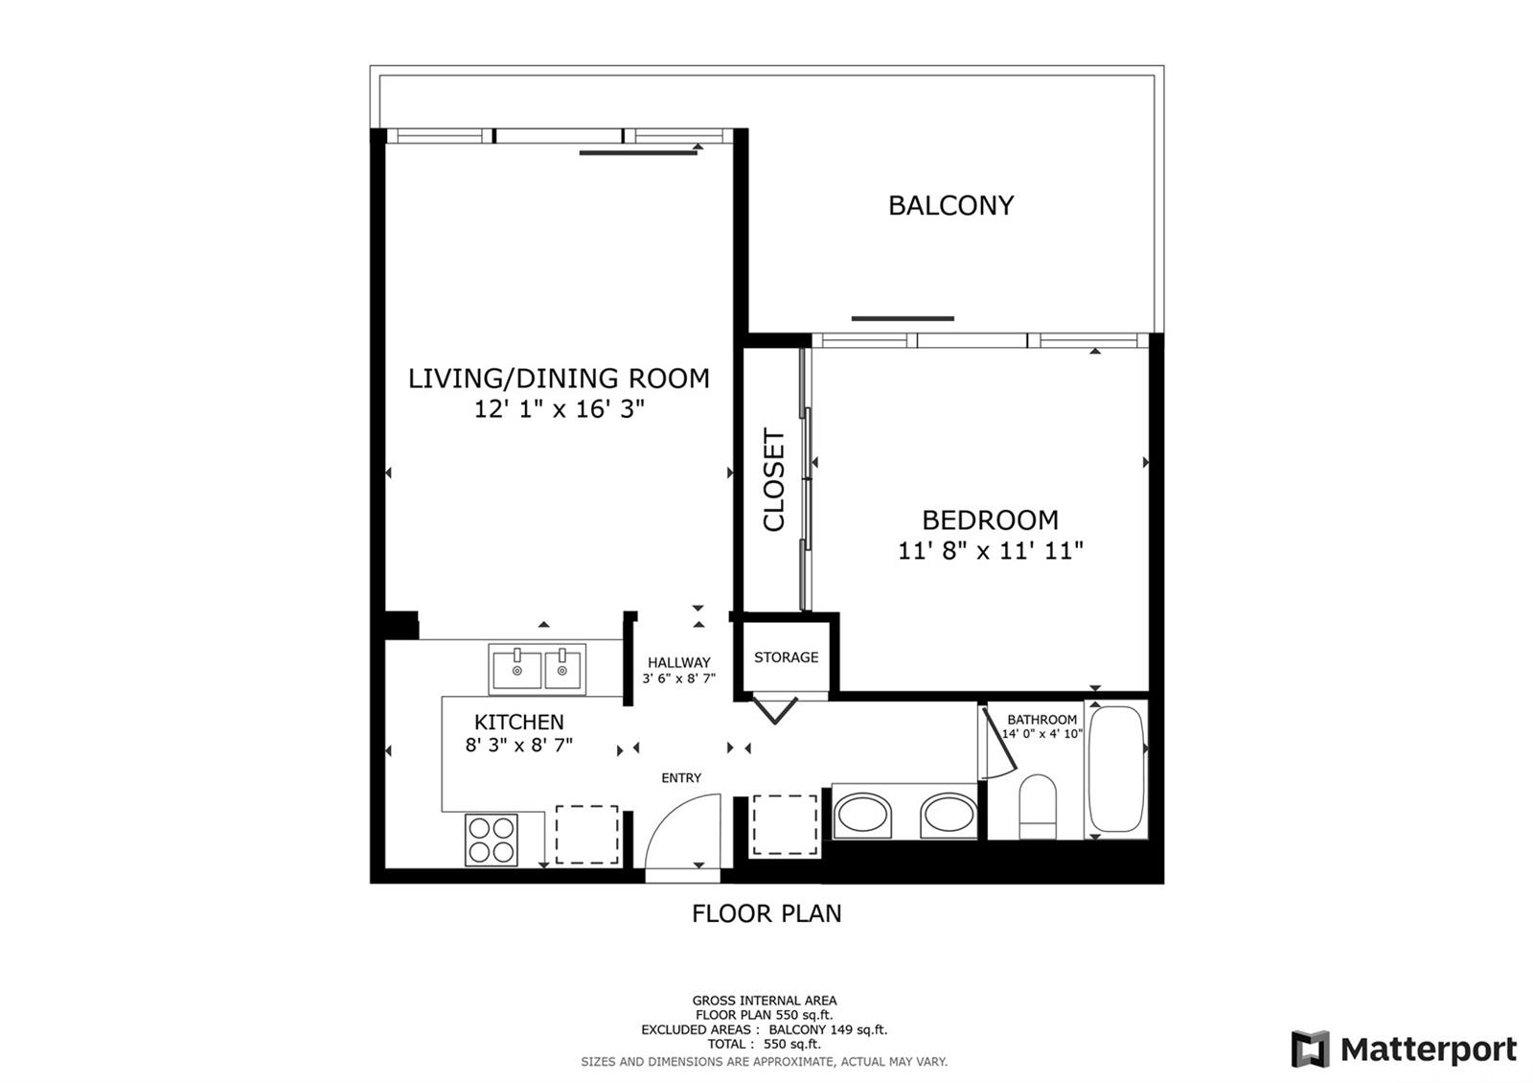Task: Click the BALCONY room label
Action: (950, 205)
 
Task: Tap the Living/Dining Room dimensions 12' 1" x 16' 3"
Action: (560, 409)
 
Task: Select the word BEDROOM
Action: (990, 520)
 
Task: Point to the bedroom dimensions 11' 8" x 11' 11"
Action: (991, 550)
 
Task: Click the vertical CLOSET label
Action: (774, 479)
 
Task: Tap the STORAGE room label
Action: (786, 657)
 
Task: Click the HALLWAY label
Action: (679, 662)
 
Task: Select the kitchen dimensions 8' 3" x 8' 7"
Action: (518, 745)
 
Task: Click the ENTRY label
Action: (681, 777)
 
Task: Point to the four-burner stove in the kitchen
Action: (492, 840)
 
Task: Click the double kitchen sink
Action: (538, 669)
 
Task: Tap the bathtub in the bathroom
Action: (1115, 770)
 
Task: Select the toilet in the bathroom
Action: (1038, 806)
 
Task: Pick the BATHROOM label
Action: (1041, 720)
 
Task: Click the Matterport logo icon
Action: (1310, 1048)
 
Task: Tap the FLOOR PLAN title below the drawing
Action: (766, 913)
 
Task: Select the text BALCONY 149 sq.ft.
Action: (828, 1029)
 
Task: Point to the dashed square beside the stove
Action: (586, 835)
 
